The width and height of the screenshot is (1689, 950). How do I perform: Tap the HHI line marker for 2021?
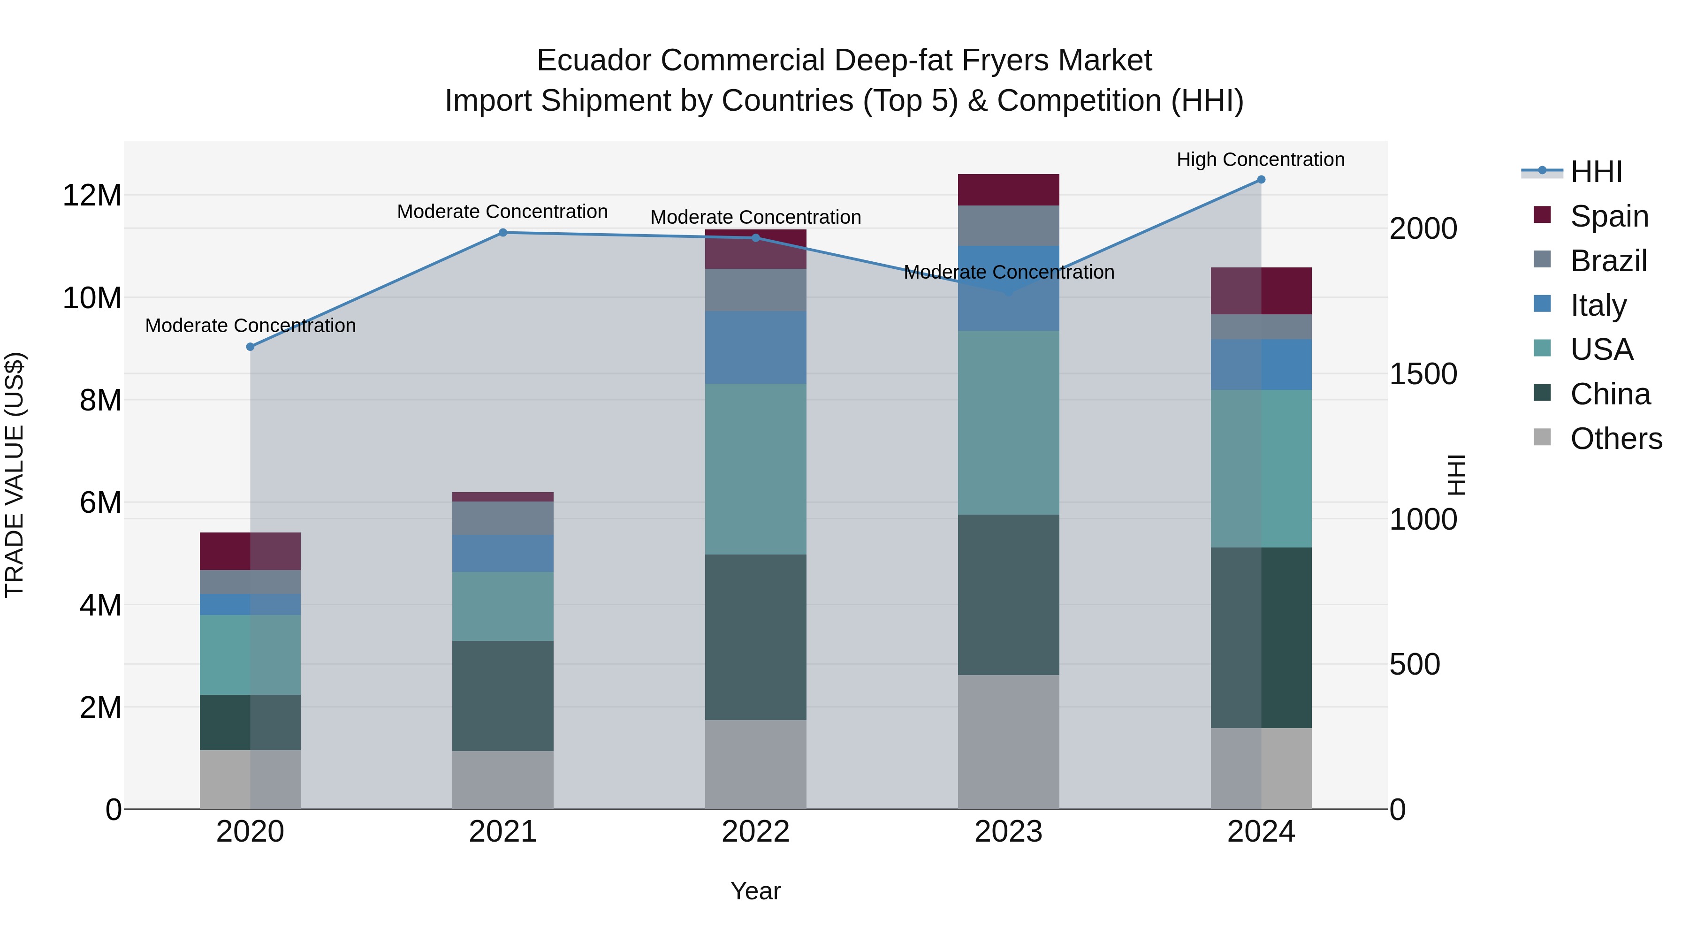coord(503,233)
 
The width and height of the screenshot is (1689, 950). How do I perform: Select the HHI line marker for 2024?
coord(1261,180)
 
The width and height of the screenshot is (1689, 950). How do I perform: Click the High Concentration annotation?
coord(1260,160)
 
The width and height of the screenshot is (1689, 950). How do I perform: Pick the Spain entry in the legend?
coord(1609,216)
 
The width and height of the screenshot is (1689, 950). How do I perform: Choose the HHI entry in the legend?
coord(1596,171)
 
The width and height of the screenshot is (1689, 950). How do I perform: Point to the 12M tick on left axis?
coord(92,195)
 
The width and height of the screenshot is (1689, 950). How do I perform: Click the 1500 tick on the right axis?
coord(1423,374)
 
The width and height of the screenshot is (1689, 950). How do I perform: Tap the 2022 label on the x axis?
coord(755,831)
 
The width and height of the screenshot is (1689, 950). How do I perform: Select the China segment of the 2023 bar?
coord(1008,595)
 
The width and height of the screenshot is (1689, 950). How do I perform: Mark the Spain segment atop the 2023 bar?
coord(1008,190)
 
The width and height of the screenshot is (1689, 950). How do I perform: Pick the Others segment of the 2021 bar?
coord(503,780)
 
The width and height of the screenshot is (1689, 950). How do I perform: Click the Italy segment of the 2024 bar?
coord(1261,365)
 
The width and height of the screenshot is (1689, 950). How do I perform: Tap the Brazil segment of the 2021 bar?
coord(503,518)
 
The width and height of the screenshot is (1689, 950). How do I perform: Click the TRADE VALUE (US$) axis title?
coord(15,475)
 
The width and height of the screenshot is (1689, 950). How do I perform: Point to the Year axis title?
coord(755,891)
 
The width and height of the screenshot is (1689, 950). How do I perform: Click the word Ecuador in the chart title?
coord(594,61)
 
